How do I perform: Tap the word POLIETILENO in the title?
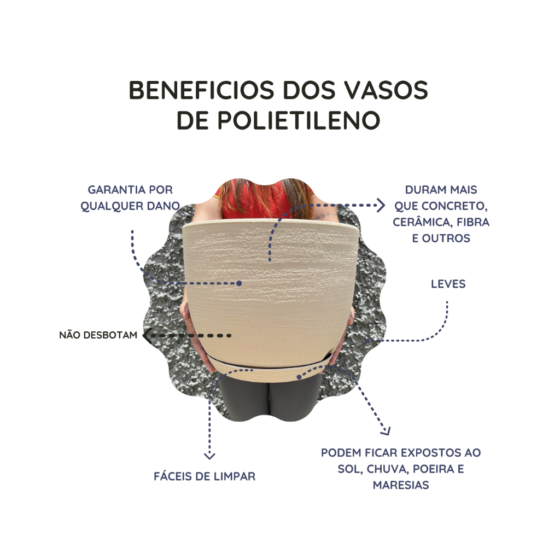pyautogui.click(x=299, y=120)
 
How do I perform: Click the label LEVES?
pyautogui.click(x=448, y=284)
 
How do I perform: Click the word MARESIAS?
pyautogui.click(x=401, y=485)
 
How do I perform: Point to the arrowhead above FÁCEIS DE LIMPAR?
pyautogui.click(x=209, y=456)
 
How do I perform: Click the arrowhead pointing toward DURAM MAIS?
pyautogui.click(x=381, y=205)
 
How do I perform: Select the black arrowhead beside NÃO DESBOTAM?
pyautogui.click(x=145, y=335)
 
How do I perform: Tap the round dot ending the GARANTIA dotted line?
pyautogui.click(x=240, y=283)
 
